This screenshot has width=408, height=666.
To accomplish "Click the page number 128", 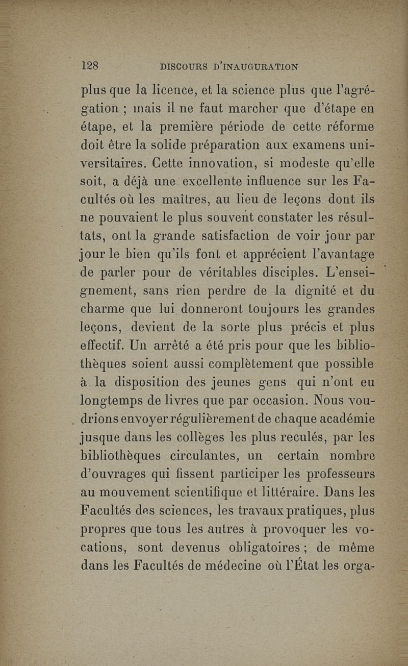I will tap(90, 65).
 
